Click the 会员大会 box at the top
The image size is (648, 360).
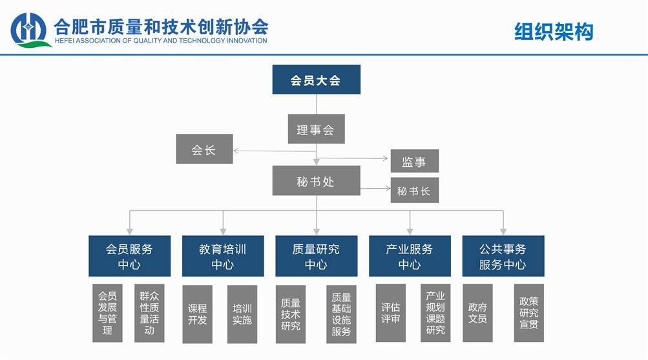[x=316, y=80]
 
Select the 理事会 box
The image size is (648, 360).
[x=316, y=129]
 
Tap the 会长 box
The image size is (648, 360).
[x=204, y=149]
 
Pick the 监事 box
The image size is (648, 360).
[x=414, y=162]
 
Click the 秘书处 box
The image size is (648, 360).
[x=316, y=181]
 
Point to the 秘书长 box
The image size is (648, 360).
[x=414, y=191]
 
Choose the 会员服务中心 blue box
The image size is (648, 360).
[x=129, y=256]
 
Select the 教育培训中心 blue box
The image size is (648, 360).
[x=223, y=256]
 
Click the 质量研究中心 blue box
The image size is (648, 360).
[x=316, y=256]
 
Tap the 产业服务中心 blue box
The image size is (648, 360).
[x=410, y=256]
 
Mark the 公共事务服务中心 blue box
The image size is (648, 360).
[x=503, y=256]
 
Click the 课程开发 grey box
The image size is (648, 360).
[x=197, y=314]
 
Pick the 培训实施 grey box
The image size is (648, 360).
[x=242, y=314]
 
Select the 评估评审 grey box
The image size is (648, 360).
[x=390, y=313]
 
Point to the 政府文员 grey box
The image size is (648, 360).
[x=477, y=313]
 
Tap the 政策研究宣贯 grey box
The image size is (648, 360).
[x=528, y=313]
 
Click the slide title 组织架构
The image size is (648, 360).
[x=553, y=32]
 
